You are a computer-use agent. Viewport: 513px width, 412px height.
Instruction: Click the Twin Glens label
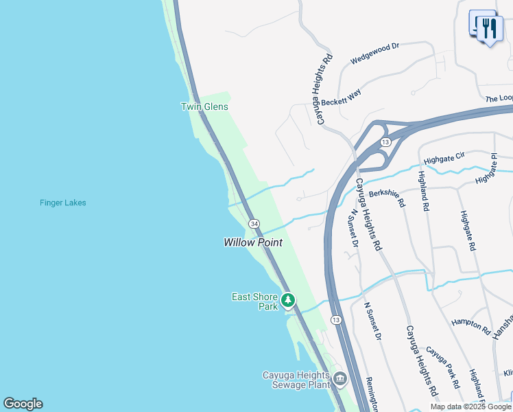pyautogui.click(x=204, y=106)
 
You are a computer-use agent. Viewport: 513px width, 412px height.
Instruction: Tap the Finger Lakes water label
pyautogui.click(x=63, y=203)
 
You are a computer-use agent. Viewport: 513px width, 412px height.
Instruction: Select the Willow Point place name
pyautogui.click(x=253, y=242)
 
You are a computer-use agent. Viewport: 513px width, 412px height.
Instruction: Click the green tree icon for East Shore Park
pyautogui.click(x=288, y=300)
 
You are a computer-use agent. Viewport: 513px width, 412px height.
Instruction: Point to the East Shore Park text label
pyautogui.click(x=254, y=301)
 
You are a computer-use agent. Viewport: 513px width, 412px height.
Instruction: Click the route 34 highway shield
pyautogui.click(x=254, y=224)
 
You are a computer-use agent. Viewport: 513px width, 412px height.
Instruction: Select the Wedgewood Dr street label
pyautogui.click(x=374, y=54)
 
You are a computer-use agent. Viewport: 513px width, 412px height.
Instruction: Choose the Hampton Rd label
pyautogui.click(x=471, y=326)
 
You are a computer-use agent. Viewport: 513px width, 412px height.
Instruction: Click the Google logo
pyautogui.click(x=23, y=404)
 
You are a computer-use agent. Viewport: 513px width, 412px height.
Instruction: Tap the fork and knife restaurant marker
pyautogui.click(x=489, y=29)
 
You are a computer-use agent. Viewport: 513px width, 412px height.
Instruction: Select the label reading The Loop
pyautogui.click(x=499, y=98)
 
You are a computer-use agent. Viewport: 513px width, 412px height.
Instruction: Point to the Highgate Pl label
pyautogui.click(x=494, y=169)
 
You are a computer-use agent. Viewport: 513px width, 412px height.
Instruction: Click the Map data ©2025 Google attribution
pyautogui.click(x=471, y=407)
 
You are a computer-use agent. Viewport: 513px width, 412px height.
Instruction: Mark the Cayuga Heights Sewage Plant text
pyautogui.click(x=296, y=380)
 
